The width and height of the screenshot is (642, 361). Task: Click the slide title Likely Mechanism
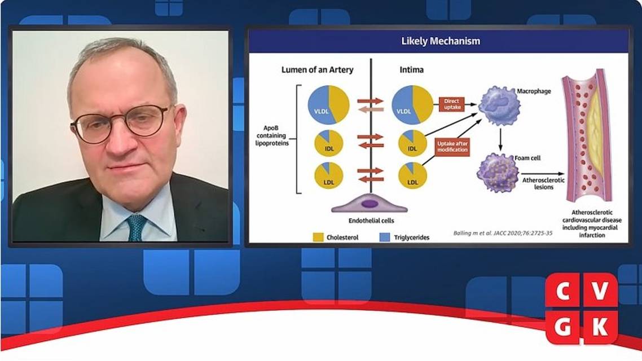pos(441,41)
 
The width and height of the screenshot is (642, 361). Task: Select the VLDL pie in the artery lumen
pos(328,105)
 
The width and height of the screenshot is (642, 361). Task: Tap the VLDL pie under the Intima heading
pos(412,105)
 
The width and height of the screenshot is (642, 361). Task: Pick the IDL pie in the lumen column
pos(328,143)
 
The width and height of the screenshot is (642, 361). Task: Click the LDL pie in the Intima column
pos(412,175)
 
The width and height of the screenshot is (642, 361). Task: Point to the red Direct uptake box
pos(452,104)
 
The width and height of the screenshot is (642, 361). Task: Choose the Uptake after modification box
pos(452,147)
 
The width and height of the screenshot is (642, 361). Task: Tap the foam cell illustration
pos(498,173)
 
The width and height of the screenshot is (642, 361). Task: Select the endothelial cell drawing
pos(370,204)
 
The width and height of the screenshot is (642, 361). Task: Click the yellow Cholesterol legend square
pos(318,237)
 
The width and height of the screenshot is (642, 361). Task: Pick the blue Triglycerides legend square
pos(385,237)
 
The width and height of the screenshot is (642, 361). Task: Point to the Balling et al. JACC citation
pos(503,234)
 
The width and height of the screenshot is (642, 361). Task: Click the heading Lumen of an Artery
pos(317,70)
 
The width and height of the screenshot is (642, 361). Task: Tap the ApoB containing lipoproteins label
pos(271,136)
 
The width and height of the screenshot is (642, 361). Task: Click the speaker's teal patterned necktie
pos(136,227)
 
